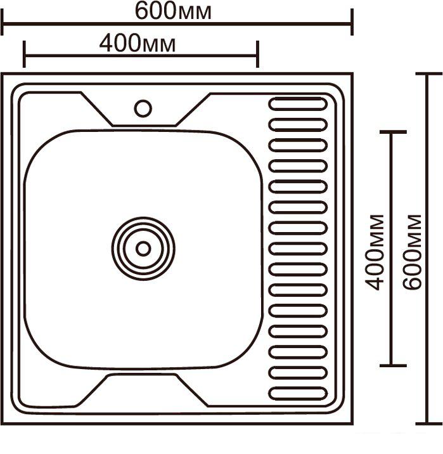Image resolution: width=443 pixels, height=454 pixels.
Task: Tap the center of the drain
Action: [x=143, y=249]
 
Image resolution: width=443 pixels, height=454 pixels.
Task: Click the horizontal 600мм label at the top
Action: [x=173, y=11]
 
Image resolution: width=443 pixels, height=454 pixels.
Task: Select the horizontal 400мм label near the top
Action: [x=137, y=43]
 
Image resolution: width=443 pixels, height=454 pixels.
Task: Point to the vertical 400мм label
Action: [x=374, y=252]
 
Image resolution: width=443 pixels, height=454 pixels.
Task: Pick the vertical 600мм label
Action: [x=412, y=252]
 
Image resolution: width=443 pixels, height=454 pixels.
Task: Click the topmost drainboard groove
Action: [x=298, y=104]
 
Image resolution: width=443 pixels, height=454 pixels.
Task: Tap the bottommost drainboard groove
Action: [x=298, y=394]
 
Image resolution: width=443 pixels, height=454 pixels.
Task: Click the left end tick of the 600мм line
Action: [x=3, y=22]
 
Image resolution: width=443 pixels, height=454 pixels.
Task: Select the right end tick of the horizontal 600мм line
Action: [x=352, y=22]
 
